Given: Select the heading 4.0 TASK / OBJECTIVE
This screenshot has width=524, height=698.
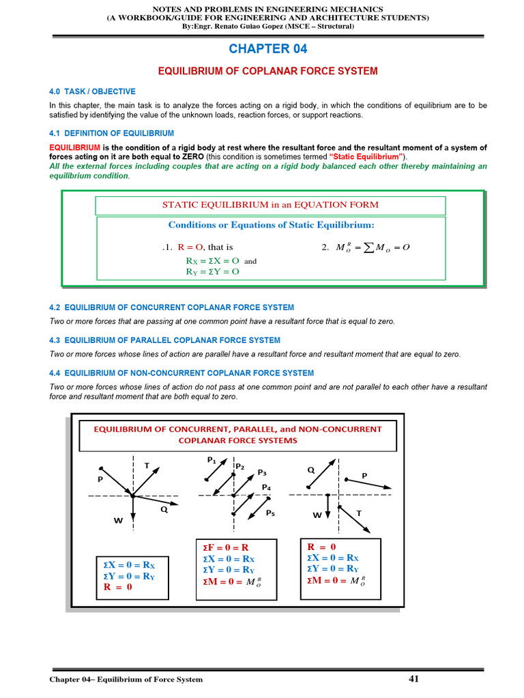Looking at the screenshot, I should pyautogui.click(x=92, y=91).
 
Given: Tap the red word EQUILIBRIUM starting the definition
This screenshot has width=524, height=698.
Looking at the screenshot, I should pyautogui.click(x=74, y=148).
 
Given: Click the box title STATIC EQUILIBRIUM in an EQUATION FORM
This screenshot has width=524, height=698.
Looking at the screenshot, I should pyautogui.click(x=270, y=204).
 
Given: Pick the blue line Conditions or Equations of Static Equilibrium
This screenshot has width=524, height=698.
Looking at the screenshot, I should pyautogui.click(x=271, y=225).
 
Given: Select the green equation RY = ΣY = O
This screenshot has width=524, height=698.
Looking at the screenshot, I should pyautogui.click(x=212, y=271).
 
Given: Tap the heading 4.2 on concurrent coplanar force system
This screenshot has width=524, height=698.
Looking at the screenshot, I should pyautogui.click(x=171, y=307).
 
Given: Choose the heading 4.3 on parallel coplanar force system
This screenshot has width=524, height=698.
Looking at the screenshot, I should pyautogui.click(x=164, y=340).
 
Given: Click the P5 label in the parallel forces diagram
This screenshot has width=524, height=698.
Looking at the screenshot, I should pyautogui.click(x=270, y=513).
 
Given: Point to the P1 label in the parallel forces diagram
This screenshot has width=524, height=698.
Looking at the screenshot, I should pyautogui.click(x=212, y=460).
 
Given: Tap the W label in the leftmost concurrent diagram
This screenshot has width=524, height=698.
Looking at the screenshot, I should pyautogui.click(x=117, y=521).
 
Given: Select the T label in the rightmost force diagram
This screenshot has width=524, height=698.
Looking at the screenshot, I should pyautogui.click(x=359, y=513).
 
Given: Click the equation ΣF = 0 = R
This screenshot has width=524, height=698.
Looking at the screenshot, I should pyautogui.click(x=226, y=547).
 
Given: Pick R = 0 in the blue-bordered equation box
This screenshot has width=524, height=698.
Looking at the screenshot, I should pyautogui.click(x=118, y=587).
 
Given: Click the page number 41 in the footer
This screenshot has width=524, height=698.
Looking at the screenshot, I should pyautogui.click(x=413, y=678).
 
